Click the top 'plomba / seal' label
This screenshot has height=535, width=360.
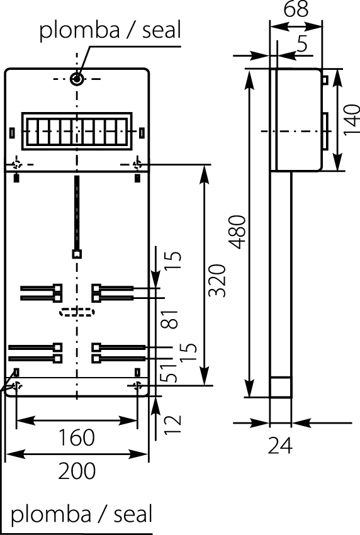pyautogui.click(x=110, y=30)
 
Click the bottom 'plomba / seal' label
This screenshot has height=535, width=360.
pyautogui.click(x=82, y=514)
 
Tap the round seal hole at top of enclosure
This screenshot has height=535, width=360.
pyautogui.click(x=77, y=79)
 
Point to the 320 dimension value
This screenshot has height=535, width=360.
pyautogui.click(x=217, y=280)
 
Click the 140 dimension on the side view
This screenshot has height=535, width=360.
pyautogui.click(x=351, y=120)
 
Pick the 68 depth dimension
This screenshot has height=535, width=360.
pyautogui.click(x=295, y=10)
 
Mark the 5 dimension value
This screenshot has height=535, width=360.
pyautogui.click(x=303, y=44)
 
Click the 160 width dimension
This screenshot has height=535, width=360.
pyautogui.click(x=77, y=436)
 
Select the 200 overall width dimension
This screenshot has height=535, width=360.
pyautogui.click(x=77, y=470)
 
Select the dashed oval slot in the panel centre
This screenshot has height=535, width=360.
pyautogui.click(x=76, y=312)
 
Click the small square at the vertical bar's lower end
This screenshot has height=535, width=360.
pyautogui.click(x=77, y=254)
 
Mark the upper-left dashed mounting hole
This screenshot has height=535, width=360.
pyautogui.click(x=17, y=165)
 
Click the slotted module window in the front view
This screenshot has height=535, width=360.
pyautogui.click(x=77, y=132)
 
